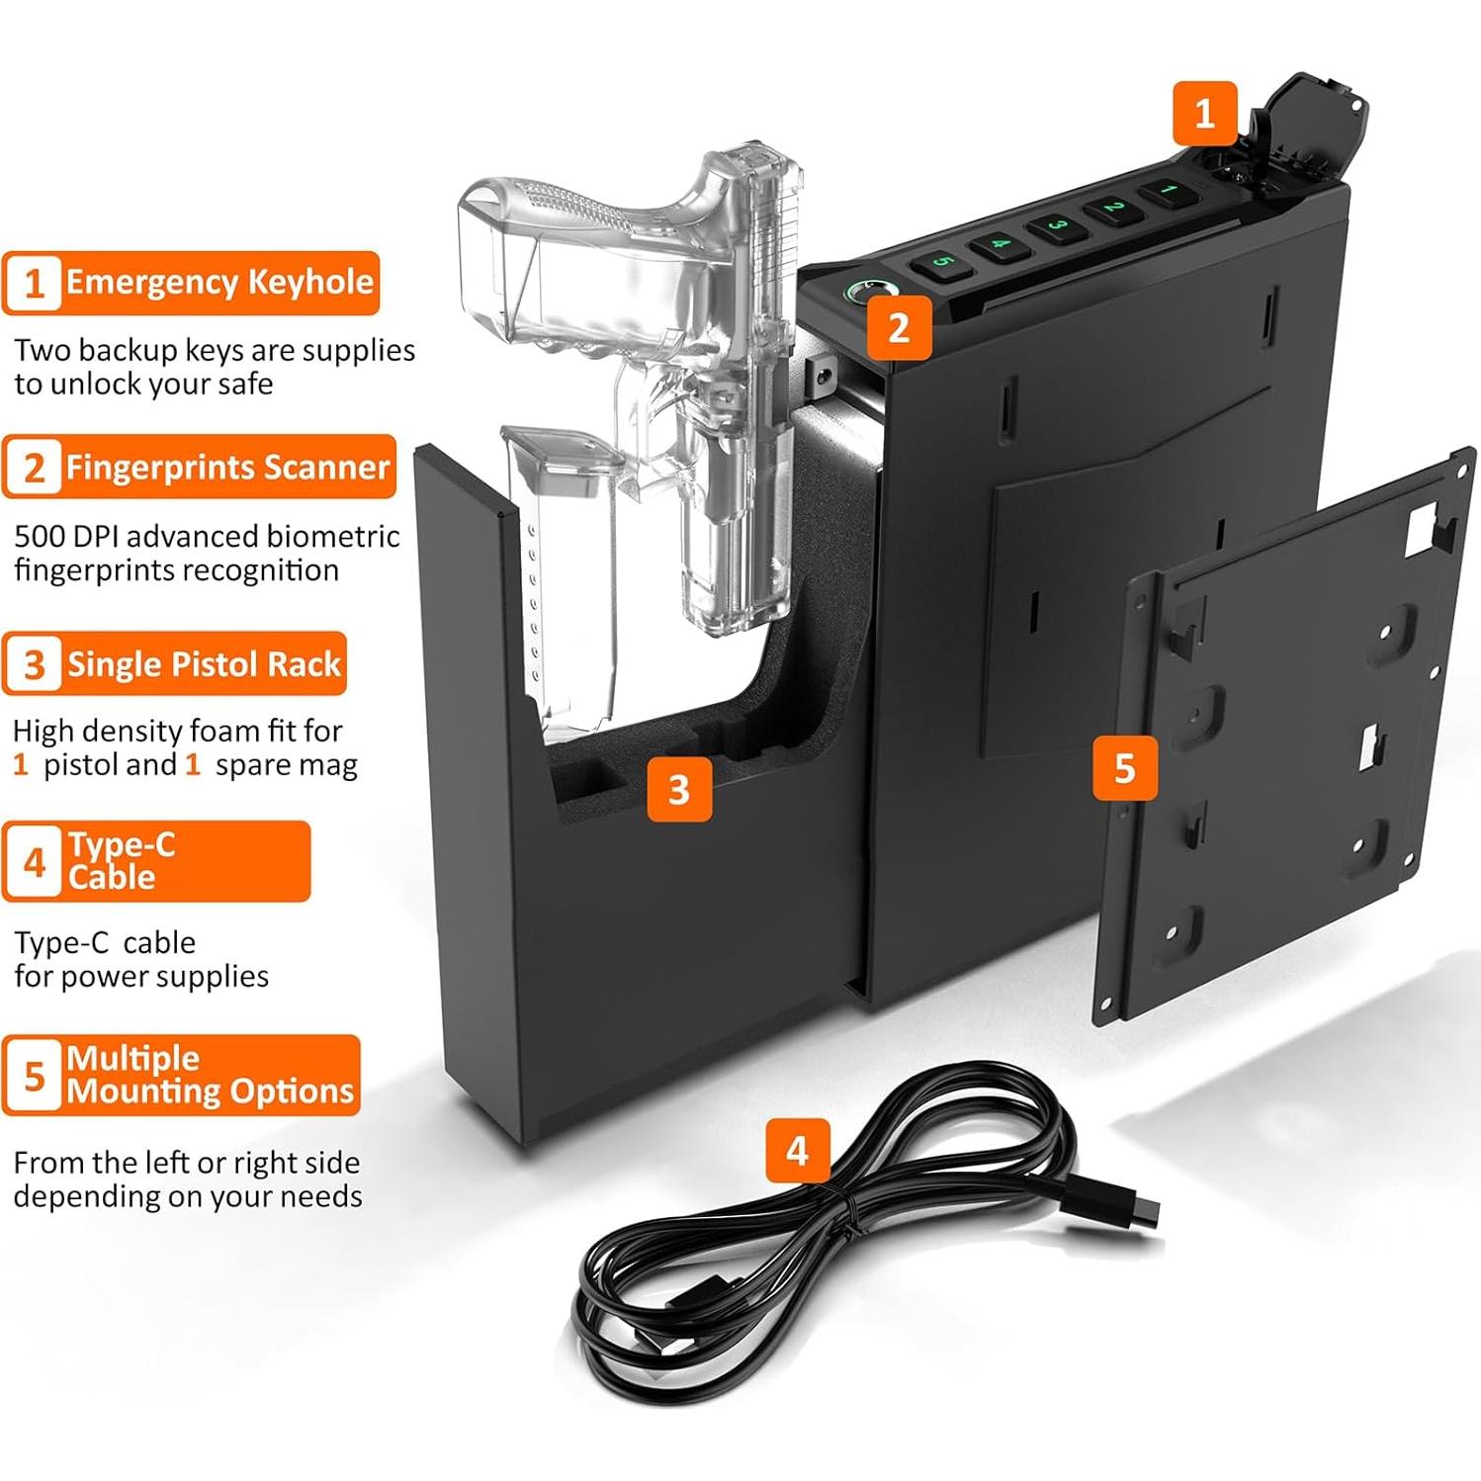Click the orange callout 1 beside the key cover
[1204, 114]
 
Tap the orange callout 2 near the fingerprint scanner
[899, 327]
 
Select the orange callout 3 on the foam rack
[679, 789]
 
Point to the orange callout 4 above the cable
[797, 1150]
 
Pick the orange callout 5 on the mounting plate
[1124, 768]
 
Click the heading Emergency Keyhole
[219, 282]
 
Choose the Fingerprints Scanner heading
[227, 467]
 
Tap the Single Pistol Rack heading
[204, 664]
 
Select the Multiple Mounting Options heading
[210, 1075]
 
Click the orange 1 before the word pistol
[21, 764]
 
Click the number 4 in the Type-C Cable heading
[35, 862]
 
